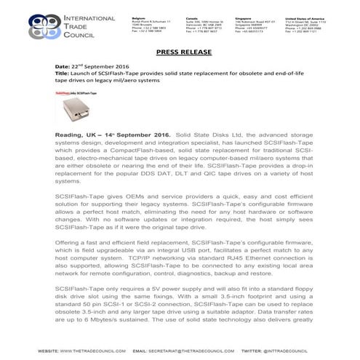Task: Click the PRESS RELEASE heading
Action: [x=180, y=53]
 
